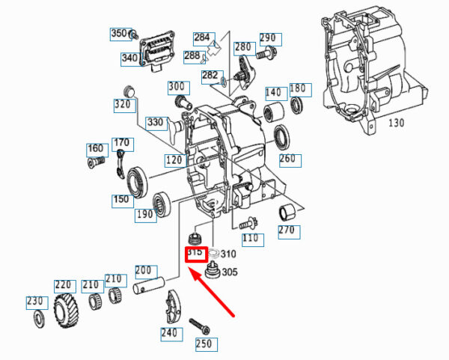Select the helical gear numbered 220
(x=64, y=311)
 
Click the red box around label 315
(x=196, y=254)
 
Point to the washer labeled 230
(x=39, y=319)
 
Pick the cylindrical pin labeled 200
(x=149, y=285)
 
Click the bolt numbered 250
(x=200, y=326)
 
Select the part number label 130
(x=397, y=123)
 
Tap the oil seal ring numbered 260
(x=282, y=138)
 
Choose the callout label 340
(x=129, y=58)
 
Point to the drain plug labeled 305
(x=213, y=270)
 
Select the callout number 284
(x=202, y=37)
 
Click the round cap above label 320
(x=129, y=91)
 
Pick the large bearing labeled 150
(x=137, y=182)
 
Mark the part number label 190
(x=145, y=213)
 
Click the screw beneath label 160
(x=96, y=162)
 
